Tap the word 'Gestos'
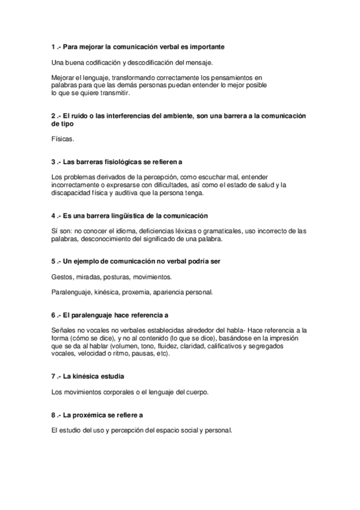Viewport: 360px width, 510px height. point(62,277)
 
